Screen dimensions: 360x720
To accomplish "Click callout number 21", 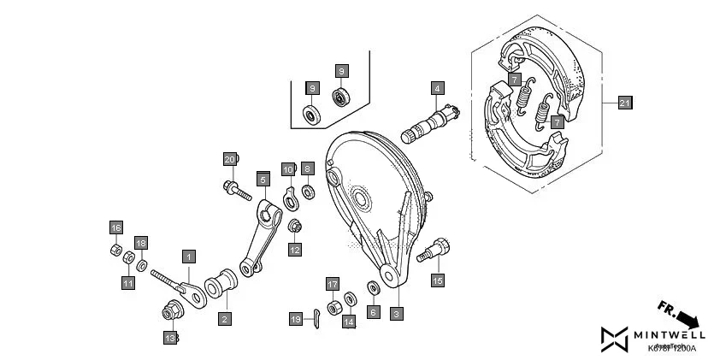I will [624, 103].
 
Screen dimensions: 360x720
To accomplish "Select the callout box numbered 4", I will [437, 88].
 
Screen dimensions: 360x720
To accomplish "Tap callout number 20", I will [229, 159].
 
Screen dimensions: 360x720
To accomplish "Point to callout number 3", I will [396, 314].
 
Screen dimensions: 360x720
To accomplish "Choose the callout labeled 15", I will [437, 280].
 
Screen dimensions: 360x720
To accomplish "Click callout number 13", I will [169, 339].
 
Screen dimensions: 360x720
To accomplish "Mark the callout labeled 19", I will [296, 319].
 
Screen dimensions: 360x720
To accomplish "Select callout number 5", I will [263, 179].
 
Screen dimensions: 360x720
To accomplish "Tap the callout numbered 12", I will [294, 250].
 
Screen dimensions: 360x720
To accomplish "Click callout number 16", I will [115, 227].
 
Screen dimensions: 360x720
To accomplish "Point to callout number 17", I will [333, 284].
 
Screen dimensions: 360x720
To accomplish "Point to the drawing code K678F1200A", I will [673, 349].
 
